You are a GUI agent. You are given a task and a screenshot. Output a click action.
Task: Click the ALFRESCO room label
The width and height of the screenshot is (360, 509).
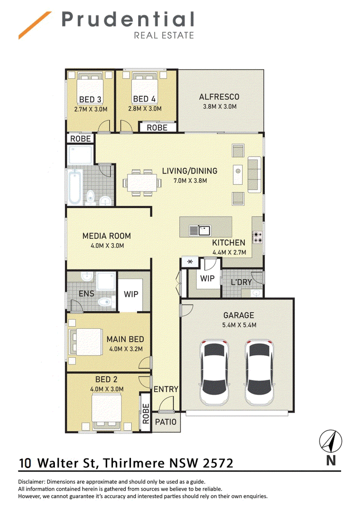pos(219,97)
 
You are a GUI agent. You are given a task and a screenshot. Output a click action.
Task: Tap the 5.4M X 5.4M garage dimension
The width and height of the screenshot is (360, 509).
pos(239,325)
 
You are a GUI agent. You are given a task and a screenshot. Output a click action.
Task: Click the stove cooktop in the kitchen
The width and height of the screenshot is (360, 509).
pos(258,237)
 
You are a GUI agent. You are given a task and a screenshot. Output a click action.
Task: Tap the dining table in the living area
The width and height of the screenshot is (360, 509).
pos(142,183)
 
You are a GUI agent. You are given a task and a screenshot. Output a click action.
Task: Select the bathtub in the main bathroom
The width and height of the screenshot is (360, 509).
pos(74,187)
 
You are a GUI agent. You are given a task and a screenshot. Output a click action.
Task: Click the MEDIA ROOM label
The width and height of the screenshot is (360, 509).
pos(107,236)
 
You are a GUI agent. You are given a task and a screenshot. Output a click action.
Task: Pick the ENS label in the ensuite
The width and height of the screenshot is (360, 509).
pos(86,294)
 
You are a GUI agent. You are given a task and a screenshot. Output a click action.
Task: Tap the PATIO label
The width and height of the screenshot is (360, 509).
pos(166,422)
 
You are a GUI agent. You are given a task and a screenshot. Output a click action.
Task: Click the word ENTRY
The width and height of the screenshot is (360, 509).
pos(166,389)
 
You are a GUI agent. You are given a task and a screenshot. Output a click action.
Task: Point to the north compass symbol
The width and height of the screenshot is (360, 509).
pos(330,441)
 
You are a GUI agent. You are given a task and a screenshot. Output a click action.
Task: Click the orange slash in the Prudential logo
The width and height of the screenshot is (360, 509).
pos(35,25)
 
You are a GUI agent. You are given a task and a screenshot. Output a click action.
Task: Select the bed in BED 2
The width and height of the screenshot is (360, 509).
pos(107,411)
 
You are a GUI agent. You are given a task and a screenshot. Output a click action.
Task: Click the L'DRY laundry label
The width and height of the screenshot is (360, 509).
pos(241,282)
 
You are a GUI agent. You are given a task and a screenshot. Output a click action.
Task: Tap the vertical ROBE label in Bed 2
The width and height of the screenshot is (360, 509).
pos(146,414)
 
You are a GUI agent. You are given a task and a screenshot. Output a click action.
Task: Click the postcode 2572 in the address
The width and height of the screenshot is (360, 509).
pos(218,463)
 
